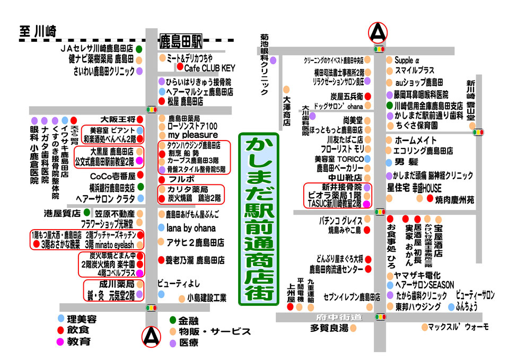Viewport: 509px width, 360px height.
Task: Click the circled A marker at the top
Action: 379,32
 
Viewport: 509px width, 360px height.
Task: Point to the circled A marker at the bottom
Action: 152,335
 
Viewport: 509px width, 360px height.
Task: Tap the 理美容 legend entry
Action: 82,319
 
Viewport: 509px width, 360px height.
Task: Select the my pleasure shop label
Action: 192,135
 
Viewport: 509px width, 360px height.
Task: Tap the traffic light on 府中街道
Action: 380,317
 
